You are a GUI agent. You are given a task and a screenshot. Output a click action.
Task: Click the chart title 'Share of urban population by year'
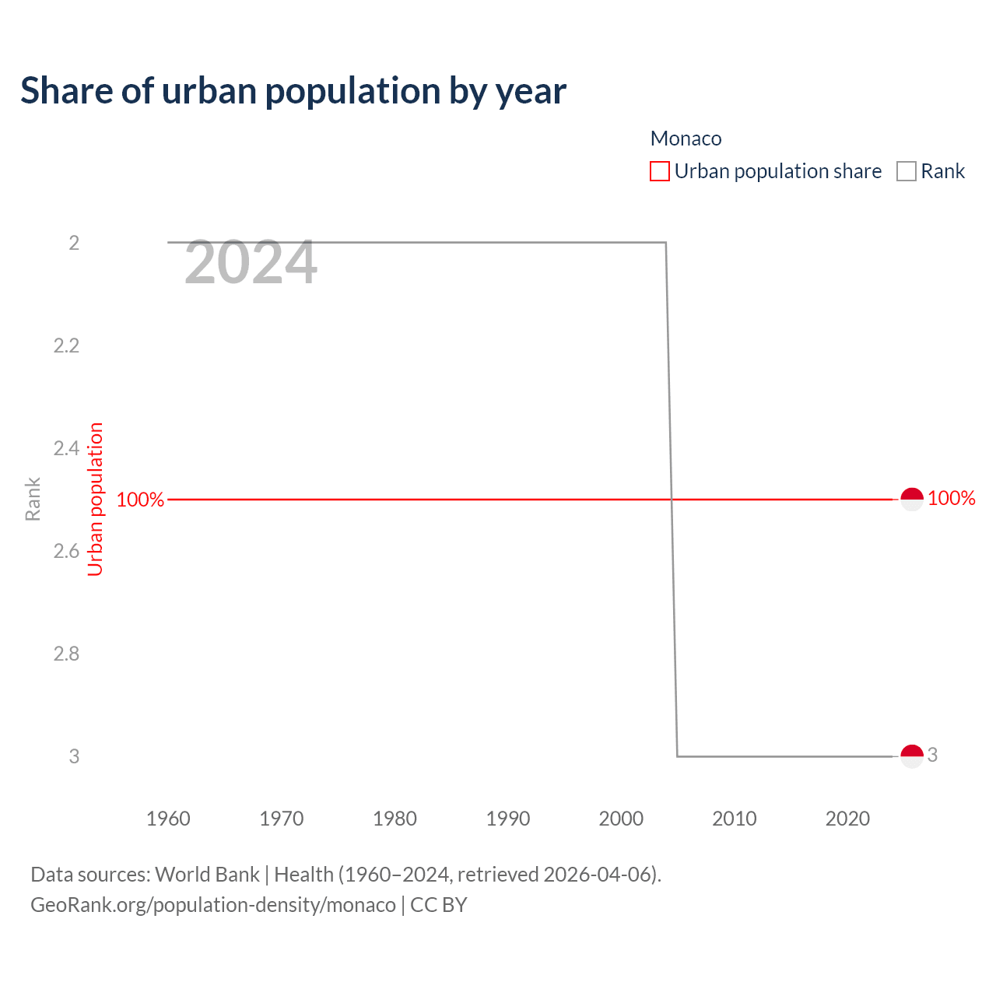pyautogui.click(x=293, y=91)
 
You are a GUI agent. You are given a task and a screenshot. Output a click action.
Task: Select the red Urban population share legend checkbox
pyautogui.click(x=659, y=171)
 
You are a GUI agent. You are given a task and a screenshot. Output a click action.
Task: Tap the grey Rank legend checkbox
pyautogui.click(x=907, y=171)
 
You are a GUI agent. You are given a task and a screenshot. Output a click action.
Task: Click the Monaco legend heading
pyautogui.click(x=686, y=139)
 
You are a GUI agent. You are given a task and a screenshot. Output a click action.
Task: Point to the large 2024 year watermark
pyautogui.click(x=251, y=263)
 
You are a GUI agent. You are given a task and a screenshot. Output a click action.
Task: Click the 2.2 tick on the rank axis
pyautogui.click(x=66, y=345)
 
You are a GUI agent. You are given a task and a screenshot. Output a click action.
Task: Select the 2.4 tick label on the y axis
pyautogui.click(x=66, y=448)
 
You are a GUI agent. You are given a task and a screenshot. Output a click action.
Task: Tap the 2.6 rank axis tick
pyautogui.click(x=66, y=551)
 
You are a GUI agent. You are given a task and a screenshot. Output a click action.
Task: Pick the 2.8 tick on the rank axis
pyautogui.click(x=66, y=654)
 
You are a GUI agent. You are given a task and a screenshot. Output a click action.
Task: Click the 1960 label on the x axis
pyautogui.click(x=168, y=819)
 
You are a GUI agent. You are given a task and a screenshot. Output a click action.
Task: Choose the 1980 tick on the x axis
pyautogui.click(x=395, y=819)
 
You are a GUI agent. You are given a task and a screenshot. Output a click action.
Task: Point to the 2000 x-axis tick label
pyautogui.click(x=621, y=819)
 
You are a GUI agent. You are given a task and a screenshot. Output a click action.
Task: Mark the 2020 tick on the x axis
pyautogui.click(x=847, y=819)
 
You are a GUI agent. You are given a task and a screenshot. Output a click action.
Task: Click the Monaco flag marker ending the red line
pyautogui.click(x=911, y=499)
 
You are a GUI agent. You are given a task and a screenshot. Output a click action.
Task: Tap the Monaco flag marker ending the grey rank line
pyautogui.click(x=911, y=756)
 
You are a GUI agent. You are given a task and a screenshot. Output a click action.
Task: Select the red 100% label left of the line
pyautogui.click(x=140, y=500)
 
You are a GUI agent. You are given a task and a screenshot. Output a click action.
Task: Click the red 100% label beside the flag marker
pyautogui.click(x=951, y=498)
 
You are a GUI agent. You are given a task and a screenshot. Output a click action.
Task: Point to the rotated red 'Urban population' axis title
pyautogui.click(x=96, y=499)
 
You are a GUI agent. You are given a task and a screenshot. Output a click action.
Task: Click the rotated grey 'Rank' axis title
pyautogui.click(x=33, y=499)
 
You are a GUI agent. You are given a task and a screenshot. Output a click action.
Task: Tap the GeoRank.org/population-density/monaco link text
pyautogui.click(x=213, y=905)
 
